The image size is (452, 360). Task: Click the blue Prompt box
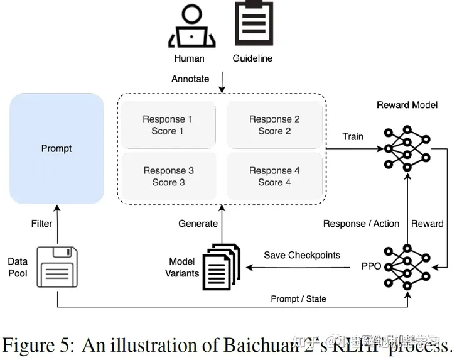(x=56, y=148)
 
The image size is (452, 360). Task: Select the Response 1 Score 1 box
(x=168, y=125)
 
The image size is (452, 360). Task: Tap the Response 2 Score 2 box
(x=274, y=125)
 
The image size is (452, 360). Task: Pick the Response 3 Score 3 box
(x=168, y=177)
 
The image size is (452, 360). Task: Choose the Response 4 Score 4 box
(x=274, y=177)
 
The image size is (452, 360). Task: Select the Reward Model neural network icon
(x=407, y=148)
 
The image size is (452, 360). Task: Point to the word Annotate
(x=191, y=79)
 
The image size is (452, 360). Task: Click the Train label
(x=353, y=136)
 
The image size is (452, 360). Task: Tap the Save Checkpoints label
(x=301, y=255)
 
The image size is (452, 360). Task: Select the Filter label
(x=41, y=223)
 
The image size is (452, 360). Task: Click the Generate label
(x=198, y=223)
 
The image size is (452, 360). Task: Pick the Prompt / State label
(x=298, y=298)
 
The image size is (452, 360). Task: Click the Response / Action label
(x=361, y=223)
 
